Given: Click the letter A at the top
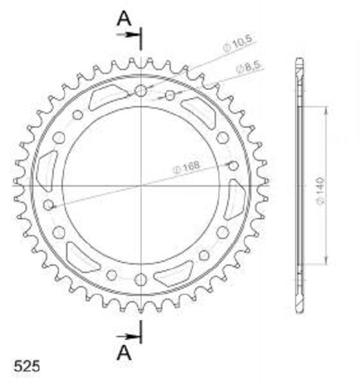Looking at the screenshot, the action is [x=124, y=18].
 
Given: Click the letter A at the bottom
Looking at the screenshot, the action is [x=124, y=353].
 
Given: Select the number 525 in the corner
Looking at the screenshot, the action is [x=27, y=367].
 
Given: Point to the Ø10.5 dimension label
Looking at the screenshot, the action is [x=238, y=43].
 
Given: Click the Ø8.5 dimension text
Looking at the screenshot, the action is [x=249, y=66].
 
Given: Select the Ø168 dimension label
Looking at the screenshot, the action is [x=186, y=167].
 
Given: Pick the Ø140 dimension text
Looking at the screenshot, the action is [x=320, y=191].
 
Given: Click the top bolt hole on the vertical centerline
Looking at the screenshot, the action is [x=141, y=91].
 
